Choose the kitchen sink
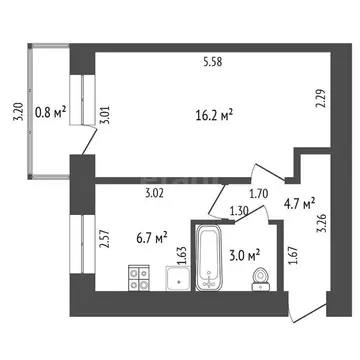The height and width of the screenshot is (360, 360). coord(177,279)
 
